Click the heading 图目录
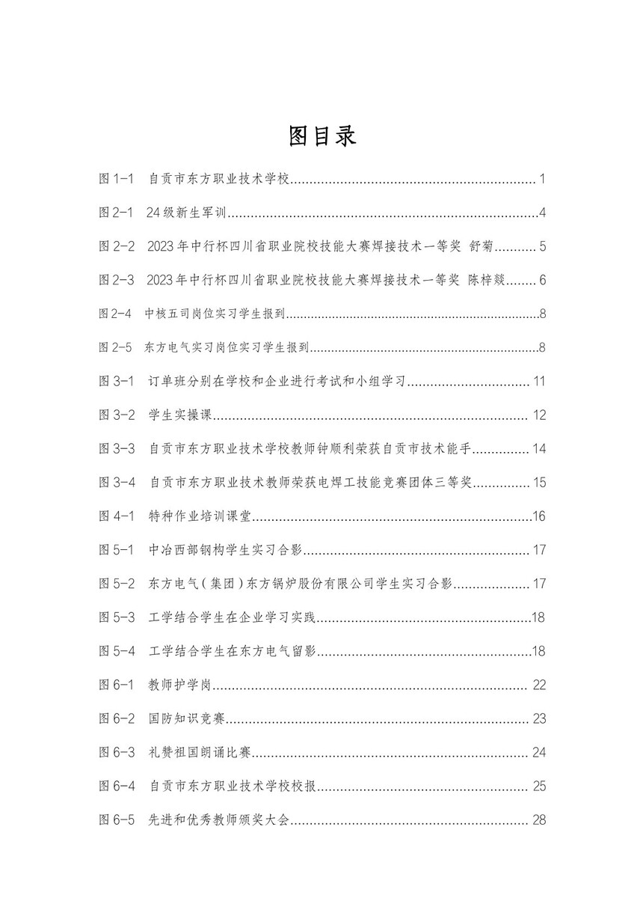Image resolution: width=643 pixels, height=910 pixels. tap(322, 136)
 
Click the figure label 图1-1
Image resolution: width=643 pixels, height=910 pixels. tap(116, 179)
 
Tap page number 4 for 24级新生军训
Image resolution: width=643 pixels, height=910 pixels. tap(543, 213)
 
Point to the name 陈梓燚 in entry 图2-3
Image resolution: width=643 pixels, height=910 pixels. tap(487, 281)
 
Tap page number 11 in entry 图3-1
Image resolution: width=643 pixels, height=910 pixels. tap(540, 382)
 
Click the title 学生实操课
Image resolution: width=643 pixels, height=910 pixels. tap(182, 415)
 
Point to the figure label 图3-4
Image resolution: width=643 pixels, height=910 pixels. tap(117, 483)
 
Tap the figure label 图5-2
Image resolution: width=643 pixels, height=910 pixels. tap(117, 584)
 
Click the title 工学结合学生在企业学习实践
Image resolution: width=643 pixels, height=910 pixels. tap(233, 617)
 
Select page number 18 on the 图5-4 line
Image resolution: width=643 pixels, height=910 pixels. tap(538, 651)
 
